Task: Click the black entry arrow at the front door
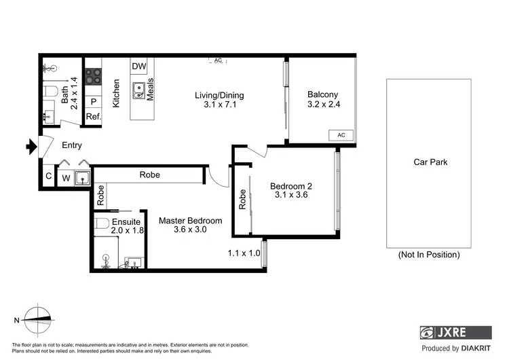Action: click(x=31, y=145)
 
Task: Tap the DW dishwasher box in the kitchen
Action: click(x=139, y=67)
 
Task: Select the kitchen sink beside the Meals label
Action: click(x=139, y=90)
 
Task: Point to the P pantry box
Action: click(x=93, y=102)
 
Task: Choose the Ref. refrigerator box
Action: click(x=93, y=117)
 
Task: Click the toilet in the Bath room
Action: click(x=49, y=92)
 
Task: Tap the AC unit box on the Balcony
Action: click(x=341, y=135)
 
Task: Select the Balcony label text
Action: click(x=322, y=94)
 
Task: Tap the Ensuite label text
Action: click(x=126, y=221)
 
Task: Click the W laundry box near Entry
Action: click(x=66, y=179)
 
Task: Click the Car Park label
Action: click(x=430, y=162)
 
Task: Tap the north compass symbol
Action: click(x=35, y=318)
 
